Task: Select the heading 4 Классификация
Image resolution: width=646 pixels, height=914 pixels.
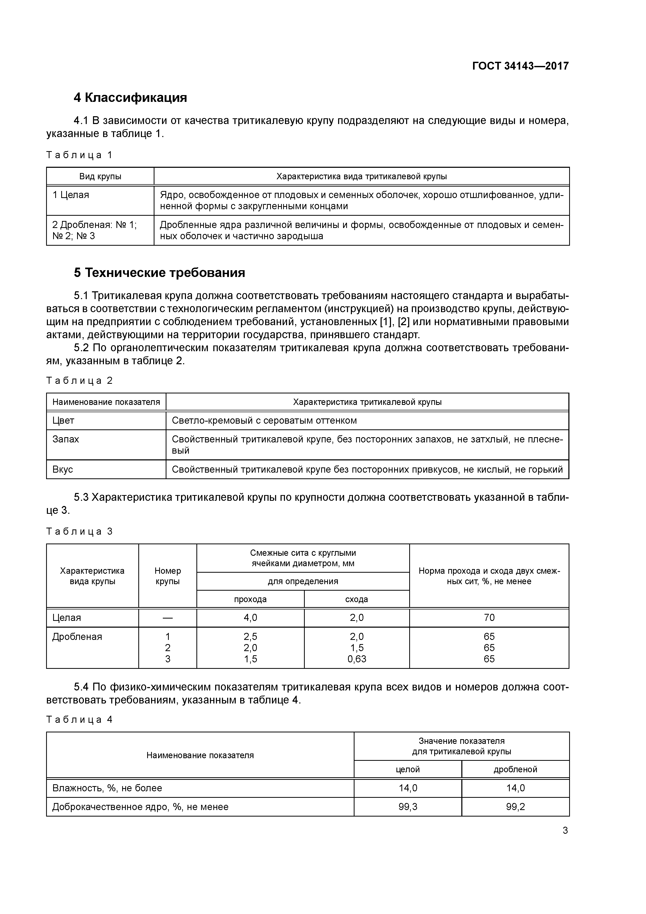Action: (130, 97)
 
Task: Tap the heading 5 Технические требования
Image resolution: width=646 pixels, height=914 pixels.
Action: (159, 273)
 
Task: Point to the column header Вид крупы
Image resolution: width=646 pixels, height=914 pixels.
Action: (100, 176)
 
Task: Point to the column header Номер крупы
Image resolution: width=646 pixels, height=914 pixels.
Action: (167, 576)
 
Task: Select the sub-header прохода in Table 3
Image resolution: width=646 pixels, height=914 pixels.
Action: (250, 599)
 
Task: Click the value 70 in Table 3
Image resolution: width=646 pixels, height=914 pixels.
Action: (489, 617)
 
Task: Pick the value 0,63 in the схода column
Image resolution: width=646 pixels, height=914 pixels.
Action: (357, 659)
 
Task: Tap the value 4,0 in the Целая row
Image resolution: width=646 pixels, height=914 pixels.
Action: (250, 617)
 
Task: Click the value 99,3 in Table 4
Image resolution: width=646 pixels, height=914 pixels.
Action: (408, 807)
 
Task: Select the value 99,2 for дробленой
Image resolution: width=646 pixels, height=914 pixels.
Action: (515, 807)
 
